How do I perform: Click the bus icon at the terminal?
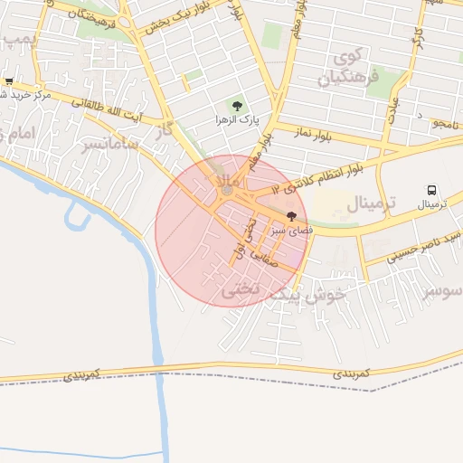coord(431,191)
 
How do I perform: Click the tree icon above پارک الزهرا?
coord(238,107)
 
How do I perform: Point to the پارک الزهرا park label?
coord(237,119)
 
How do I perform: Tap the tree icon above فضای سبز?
coord(291,217)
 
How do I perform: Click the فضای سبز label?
coord(292,231)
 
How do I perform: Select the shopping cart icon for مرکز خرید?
coord(9,81)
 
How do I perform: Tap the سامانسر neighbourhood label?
coord(111,144)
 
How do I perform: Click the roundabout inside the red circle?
coord(226,191)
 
